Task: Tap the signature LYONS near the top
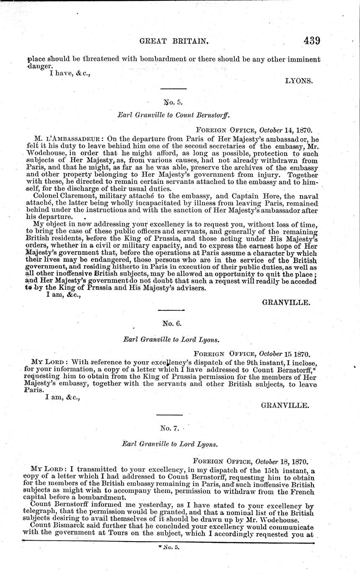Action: point(299,81)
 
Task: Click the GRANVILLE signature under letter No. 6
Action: point(285,405)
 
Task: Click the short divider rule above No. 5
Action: point(171,88)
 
